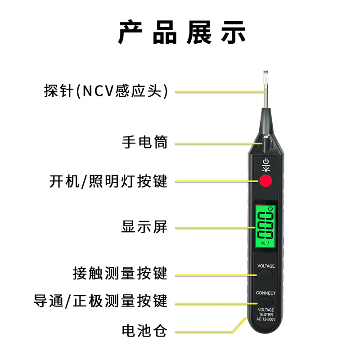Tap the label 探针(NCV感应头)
pos(106,91)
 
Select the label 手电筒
pos(145,143)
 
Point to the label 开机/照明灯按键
pos(108,181)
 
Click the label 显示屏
pos(144,227)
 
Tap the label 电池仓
pos(144,332)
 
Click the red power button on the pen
pos(265,181)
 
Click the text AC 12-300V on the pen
pos(266,319)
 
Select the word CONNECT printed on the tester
pos(266,293)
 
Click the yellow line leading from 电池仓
pos(207,332)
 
